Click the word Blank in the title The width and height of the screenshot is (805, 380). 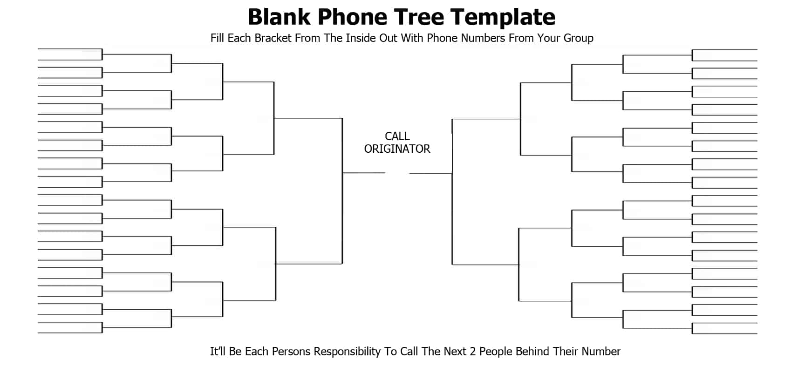coord(279,17)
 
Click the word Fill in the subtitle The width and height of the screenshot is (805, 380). coord(217,38)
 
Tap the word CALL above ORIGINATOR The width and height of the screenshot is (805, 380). coord(397,136)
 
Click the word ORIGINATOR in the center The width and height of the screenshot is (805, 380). coord(397,149)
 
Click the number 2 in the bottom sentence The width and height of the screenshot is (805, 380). coord(473,352)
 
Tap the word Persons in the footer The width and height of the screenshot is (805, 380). coord(291,352)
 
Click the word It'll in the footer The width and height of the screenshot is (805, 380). coord(218,352)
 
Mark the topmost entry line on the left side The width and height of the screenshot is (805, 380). coord(70,49)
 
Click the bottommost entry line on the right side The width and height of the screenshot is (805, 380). coord(725,334)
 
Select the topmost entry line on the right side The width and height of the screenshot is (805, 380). coord(725,50)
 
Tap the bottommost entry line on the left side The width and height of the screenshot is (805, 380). coord(70,333)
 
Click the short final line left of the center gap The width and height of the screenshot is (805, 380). coord(364,173)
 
